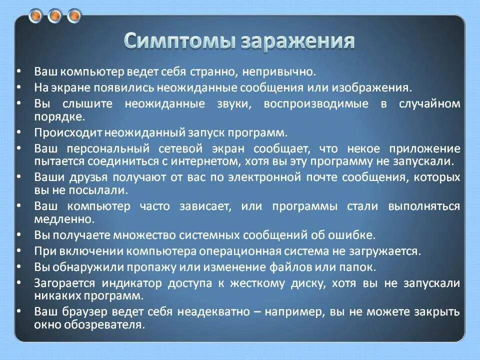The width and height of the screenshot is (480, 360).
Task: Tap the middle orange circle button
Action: [55, 16]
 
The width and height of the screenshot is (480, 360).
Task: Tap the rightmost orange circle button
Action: [74, 16]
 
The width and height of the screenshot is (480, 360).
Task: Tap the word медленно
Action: [57, 219]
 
